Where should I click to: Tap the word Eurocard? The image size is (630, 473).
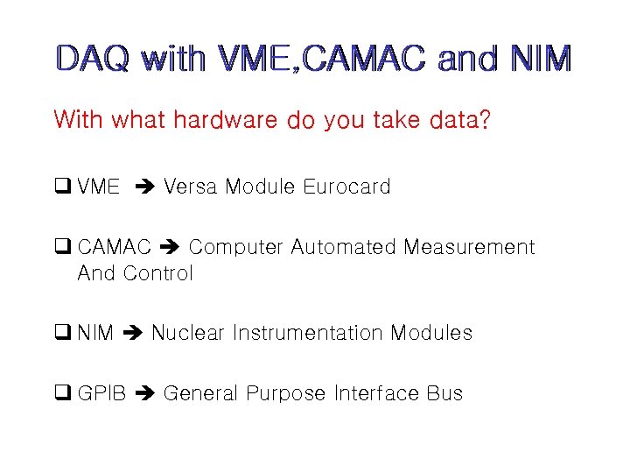[x=346, y=187]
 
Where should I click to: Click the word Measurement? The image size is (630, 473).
[x=469, y=247]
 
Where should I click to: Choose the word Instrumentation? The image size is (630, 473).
[x=309, y=333]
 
